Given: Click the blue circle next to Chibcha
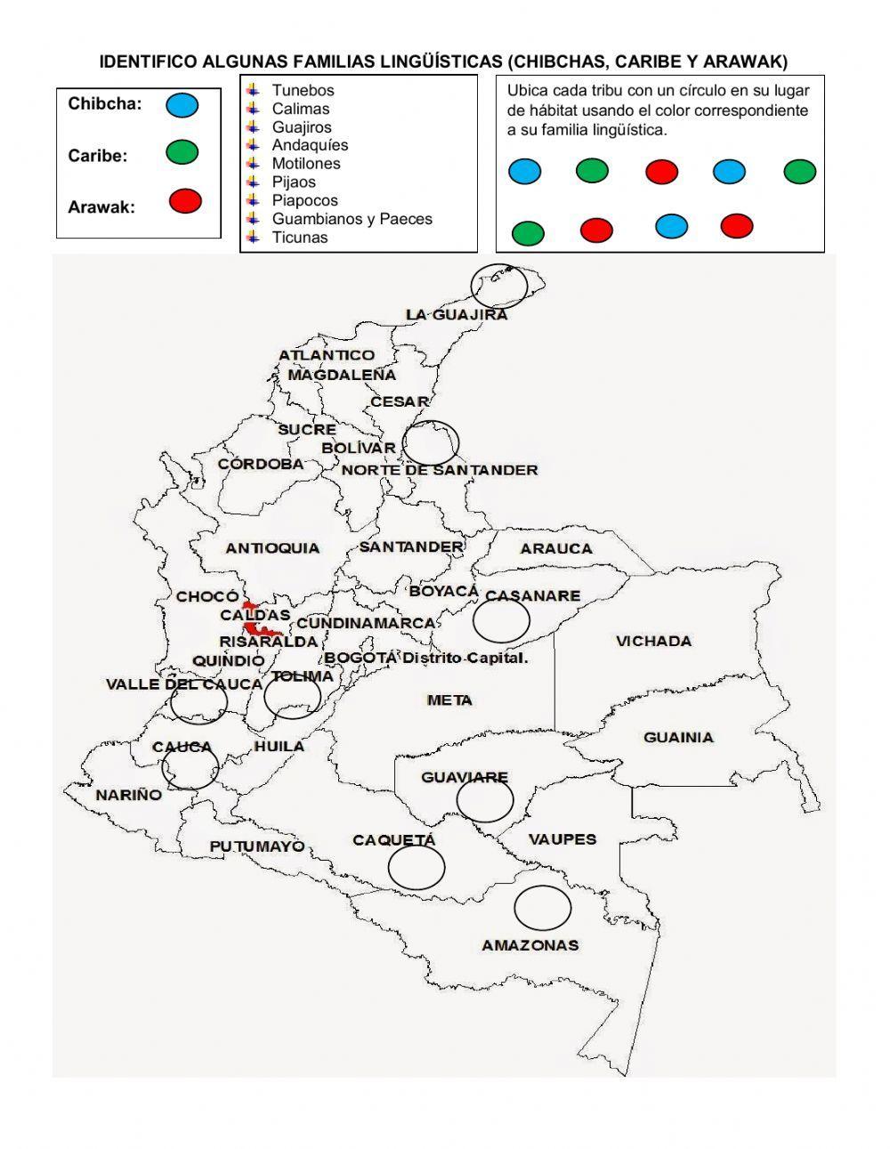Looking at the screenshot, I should [182, 105].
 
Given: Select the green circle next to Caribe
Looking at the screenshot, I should [182, 153].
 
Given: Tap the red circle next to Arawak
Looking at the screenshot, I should [185, 201].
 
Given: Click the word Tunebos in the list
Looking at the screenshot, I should [303, 90].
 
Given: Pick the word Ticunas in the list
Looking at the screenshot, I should [300, 238].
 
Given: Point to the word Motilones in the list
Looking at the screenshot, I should [306, 164].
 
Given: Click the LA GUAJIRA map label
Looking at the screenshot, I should [457, 314].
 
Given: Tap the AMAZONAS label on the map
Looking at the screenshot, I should [530, 945].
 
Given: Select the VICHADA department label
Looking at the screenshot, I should [653, 641].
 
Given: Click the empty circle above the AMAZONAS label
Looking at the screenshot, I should [542, 907].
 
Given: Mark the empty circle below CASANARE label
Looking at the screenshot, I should [501, 620].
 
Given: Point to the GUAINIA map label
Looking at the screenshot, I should [678, 737].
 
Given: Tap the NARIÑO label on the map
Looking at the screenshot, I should [129, 795].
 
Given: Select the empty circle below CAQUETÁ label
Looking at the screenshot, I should [417, 867].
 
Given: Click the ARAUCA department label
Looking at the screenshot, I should [556, 548].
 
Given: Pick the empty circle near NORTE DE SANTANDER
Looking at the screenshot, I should [431, 442].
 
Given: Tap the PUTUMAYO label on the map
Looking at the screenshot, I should [257, 846].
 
